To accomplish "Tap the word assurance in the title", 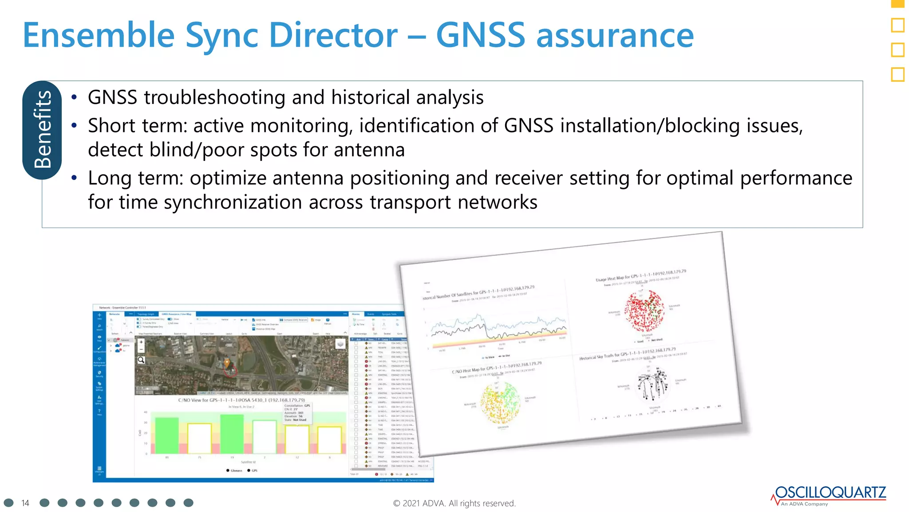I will pyautogui.click(x=615, y=36).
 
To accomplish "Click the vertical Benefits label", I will pyautogui.click(x=42, y=130).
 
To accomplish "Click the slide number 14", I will pyautogui.click(x=25, y=503).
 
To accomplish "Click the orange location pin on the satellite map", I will pyautogui.click(x=227, y=363).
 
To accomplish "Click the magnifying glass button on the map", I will pyautogui.click(x=141, y=360).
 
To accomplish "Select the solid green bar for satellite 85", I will pyautogui.click(x=167, y=435).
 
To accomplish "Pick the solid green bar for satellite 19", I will pyautogui.click(x=232, y=433).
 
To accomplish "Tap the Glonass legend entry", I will pyautogui.click(x=234, y=471).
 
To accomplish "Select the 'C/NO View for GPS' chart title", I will pyautogui.click(x=241, y=400).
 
